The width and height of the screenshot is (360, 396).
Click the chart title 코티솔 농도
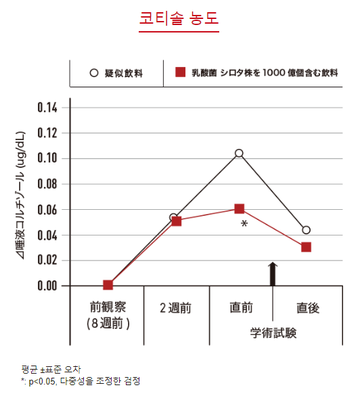coord(179,20)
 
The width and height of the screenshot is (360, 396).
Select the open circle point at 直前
coord(239,154)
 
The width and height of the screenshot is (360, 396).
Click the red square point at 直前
coord(239,208)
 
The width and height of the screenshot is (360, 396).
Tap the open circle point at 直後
coord(306,230)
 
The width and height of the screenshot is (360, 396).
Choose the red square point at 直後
coord(306,247)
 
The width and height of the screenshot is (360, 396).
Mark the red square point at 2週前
coord(176,221)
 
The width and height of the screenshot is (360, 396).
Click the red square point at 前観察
coord(108,285)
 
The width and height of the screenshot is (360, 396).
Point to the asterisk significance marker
coord(244,223)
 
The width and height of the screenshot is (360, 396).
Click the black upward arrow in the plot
coord(273,273)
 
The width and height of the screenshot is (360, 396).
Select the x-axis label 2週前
coord(175,308)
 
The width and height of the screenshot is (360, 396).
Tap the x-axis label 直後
coord(307,308)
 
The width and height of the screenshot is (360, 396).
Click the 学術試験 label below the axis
coord(273,333)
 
